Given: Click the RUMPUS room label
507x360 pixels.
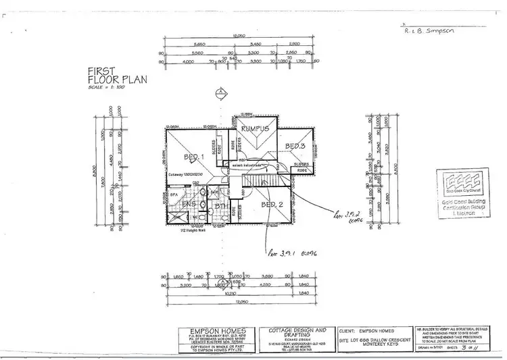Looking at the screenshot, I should [x=256, y=128].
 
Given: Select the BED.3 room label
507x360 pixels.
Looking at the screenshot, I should [x=296, y=147].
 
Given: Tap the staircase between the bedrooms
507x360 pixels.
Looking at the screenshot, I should [x=260, y=181].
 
